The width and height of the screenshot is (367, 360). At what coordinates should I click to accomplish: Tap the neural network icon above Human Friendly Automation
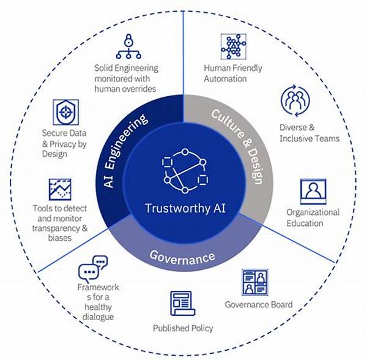click(234, 47)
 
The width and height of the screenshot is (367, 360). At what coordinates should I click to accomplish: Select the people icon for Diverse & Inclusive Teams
click(295, 101)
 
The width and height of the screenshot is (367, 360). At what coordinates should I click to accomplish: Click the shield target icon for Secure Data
click(66, 112)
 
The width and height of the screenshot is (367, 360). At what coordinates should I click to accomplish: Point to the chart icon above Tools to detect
click(60, 189)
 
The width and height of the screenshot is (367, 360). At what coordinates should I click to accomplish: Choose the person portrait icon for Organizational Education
click(313, 192)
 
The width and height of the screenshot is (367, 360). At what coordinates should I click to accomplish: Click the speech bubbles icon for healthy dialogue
click(93, 269)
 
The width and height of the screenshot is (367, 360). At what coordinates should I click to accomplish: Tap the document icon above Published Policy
click(182, 304)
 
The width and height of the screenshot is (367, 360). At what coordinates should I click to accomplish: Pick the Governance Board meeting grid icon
click(255, 282)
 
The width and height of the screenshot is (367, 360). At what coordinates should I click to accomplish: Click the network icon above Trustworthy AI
click(185, 171)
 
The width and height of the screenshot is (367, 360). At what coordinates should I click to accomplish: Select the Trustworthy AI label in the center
click(185, 208)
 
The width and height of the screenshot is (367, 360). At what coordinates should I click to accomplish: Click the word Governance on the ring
click(182, 258)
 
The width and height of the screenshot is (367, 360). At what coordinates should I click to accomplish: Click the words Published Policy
click(183, 328)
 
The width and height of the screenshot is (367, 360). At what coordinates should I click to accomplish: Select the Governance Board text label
click(259, 304)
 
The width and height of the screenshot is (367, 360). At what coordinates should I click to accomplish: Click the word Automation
click(225, 79)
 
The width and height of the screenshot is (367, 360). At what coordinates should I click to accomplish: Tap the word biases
click(60, 238)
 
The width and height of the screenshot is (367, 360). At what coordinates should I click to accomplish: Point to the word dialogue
click(98, 317)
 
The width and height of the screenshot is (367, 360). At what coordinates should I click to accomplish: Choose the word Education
click(305, 223)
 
